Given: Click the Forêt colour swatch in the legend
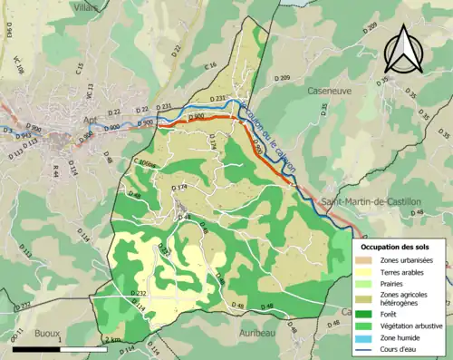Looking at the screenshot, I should (x=368, y=313).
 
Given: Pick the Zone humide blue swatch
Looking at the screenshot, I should (x=368, y=337).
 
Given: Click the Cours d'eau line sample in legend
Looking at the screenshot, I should (x=368, y=348).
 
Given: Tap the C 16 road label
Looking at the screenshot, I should (x=210, y=66).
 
